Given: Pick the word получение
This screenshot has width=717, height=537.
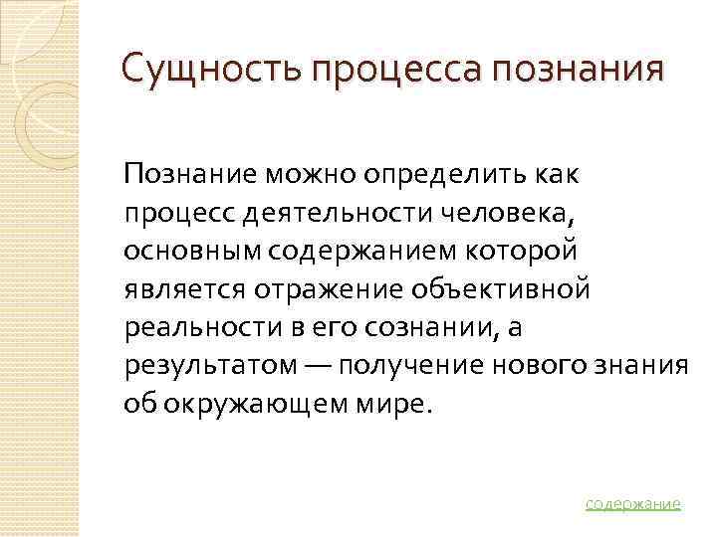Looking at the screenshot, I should (x=409, y=365).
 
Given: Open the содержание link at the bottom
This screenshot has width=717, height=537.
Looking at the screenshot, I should (x=633, y=503).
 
